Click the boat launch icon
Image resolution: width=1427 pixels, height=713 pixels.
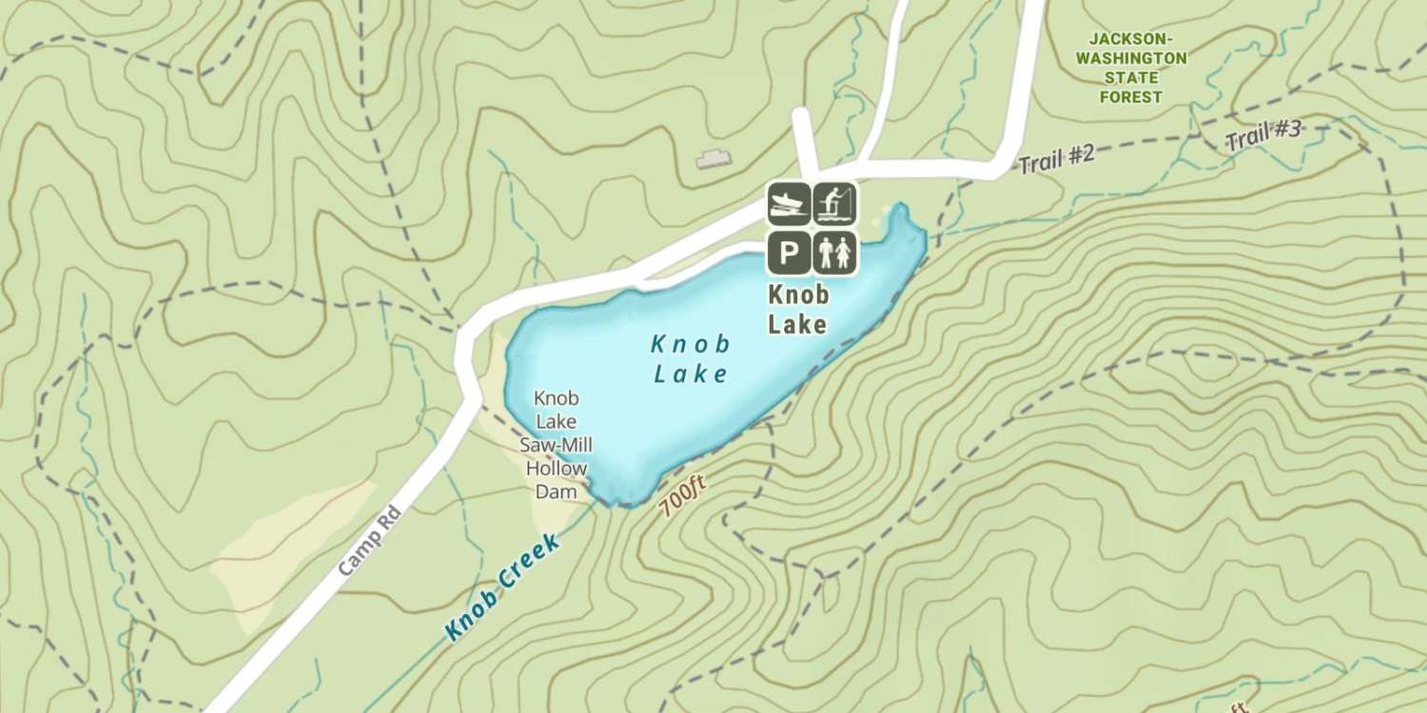789,203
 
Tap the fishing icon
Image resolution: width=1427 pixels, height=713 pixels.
834,203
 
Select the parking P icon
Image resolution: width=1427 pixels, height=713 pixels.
789,252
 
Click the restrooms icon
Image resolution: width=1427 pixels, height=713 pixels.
834,252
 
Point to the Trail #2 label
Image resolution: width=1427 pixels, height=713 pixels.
1057,159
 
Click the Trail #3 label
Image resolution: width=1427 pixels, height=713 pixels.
1262,137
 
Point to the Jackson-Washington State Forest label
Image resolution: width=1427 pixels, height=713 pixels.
1131,67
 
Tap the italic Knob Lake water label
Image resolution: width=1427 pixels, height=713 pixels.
692,358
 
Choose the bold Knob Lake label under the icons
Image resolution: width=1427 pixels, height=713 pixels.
797,310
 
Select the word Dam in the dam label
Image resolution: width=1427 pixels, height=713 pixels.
557,491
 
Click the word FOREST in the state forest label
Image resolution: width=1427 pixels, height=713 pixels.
1131,97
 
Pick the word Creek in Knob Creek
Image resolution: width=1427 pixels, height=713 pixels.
526,566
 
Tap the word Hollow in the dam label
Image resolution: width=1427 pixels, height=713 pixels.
557,469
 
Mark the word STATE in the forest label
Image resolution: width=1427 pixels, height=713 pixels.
1131,78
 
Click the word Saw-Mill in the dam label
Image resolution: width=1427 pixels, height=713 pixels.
557,445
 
